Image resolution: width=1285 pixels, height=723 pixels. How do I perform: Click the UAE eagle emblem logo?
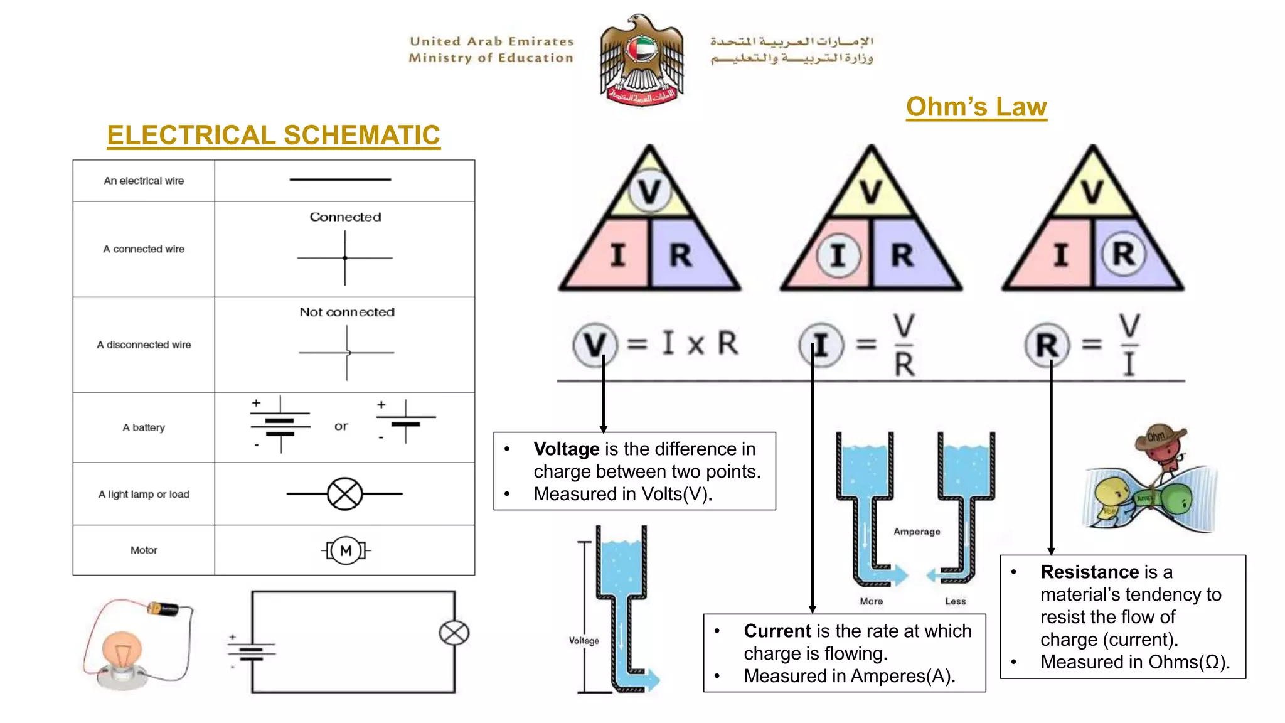641,60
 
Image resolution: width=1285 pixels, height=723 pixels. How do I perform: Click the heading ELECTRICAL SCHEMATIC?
274,135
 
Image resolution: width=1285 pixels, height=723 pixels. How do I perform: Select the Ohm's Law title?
976,107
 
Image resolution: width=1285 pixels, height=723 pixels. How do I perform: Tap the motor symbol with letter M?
346,550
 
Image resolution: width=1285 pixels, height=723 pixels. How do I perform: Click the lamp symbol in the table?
344,494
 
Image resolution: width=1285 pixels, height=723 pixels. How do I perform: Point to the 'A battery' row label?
144,427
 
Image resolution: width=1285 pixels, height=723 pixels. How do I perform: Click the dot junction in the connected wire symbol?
345,258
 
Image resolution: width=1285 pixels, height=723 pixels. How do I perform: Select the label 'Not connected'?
347,312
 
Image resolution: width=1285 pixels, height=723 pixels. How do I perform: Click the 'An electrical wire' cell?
144,181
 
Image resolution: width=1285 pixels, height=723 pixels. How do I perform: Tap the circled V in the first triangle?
649,191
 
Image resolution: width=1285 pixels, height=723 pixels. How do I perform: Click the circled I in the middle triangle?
838,255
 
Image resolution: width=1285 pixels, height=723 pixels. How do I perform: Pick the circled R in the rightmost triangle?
1123,254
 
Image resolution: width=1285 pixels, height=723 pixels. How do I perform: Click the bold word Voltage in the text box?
567,449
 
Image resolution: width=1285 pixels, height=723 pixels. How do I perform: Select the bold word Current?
777,631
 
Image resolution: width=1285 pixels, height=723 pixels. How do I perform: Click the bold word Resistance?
1089,572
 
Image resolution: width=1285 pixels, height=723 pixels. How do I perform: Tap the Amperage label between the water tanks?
917,532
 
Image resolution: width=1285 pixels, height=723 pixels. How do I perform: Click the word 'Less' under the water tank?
956,601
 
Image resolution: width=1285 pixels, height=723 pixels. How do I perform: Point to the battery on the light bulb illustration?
164,608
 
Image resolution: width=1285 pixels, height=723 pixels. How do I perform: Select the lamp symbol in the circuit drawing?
454,633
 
